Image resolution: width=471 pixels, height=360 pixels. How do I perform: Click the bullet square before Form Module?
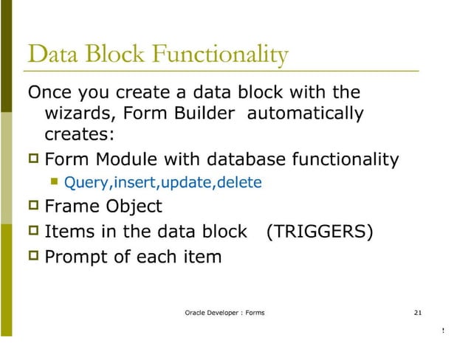coord(32,159)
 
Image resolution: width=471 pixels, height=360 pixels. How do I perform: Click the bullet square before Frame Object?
coord(32,207)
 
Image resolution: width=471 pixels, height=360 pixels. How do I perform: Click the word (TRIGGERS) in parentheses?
coord(319,232)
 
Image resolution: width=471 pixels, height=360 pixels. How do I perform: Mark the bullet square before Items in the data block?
coord(32,232)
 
